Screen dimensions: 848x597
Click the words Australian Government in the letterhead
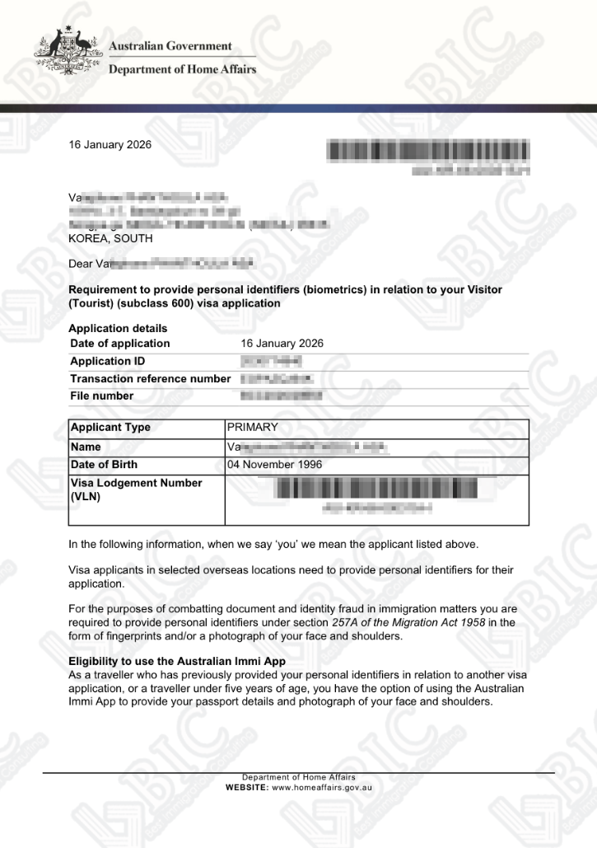(x=170, y=46)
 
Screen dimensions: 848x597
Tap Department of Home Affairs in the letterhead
(x=182, y=69)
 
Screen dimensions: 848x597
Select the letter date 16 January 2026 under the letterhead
(x=110, y=145)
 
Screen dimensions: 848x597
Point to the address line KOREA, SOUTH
(x=110, y=238)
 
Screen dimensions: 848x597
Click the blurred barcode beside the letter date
(x=428, y=151)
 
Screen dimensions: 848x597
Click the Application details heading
(x=118, y=328)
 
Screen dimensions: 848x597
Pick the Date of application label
(x=119, y=344)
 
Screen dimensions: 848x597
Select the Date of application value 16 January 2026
(x=282, y=344)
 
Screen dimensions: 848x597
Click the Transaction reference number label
(x=150, y=378)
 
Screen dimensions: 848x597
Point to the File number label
(x=101, y=396)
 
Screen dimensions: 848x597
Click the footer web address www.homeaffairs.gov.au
(x=322, y=788)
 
